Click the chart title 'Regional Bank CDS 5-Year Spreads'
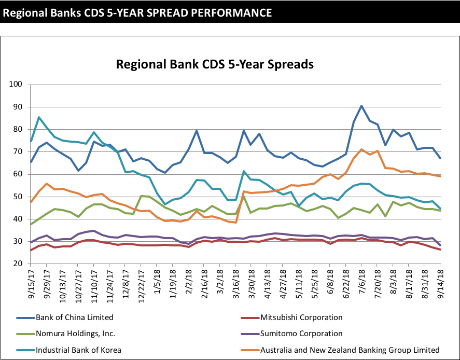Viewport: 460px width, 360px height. tap(215, 65)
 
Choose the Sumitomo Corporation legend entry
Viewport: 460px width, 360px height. tap(301, 334)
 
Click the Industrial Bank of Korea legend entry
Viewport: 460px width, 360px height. tap(78, 350)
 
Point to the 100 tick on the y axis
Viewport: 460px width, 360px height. tap(17, 84)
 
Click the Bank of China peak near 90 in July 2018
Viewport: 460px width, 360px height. tap(361, 106)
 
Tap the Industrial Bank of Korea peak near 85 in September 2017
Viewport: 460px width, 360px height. tap(39, 117)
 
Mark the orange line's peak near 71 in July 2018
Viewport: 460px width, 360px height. tap(361, 149)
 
